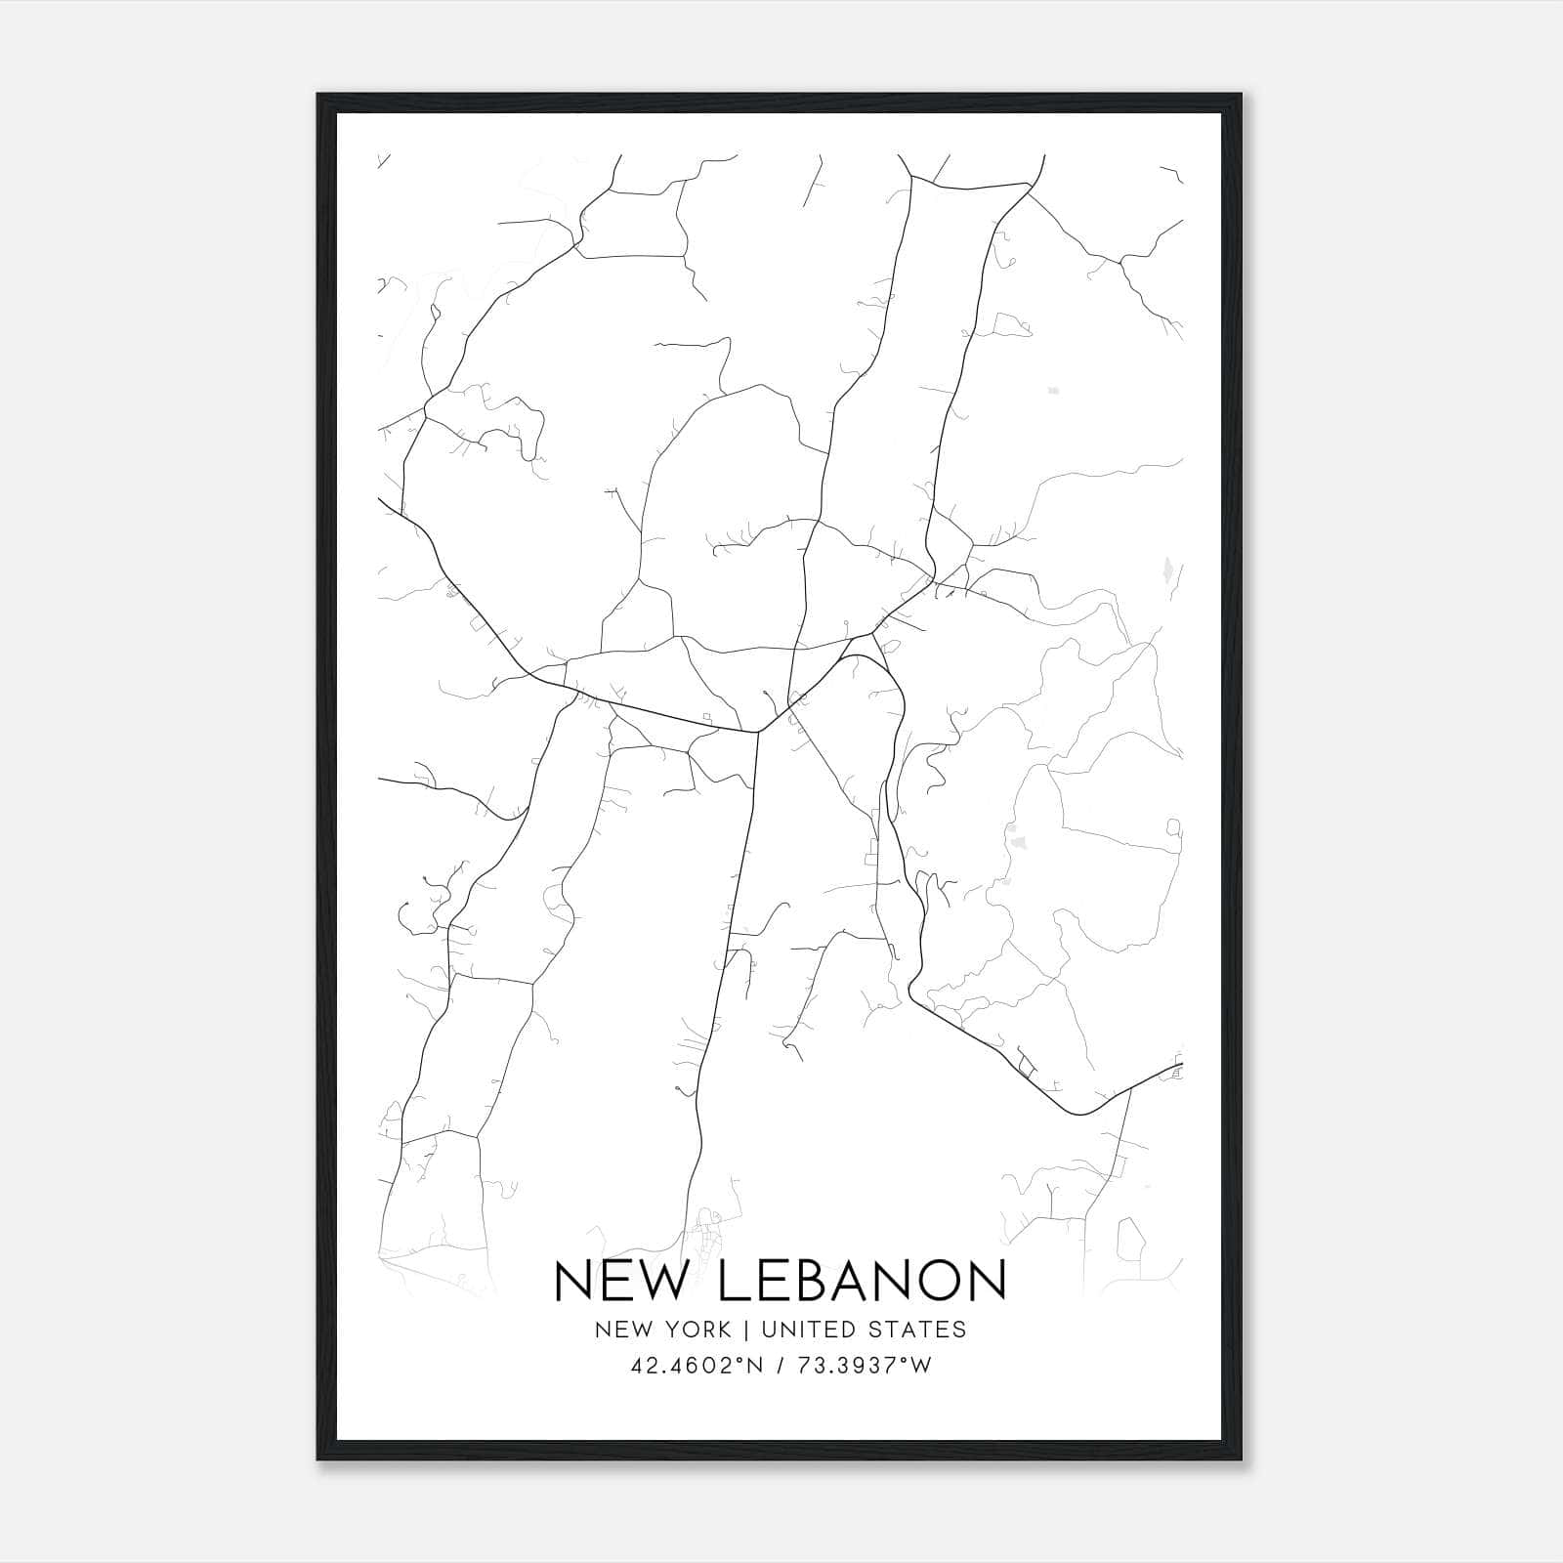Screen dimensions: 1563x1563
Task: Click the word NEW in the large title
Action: point(620,1281)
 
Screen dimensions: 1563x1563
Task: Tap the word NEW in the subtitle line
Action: point(621,1330)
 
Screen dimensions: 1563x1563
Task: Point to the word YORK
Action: point(696,1330)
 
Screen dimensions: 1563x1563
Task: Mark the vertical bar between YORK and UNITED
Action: point(745,1330)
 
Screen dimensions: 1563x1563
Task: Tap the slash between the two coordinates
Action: point(781,1366)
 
